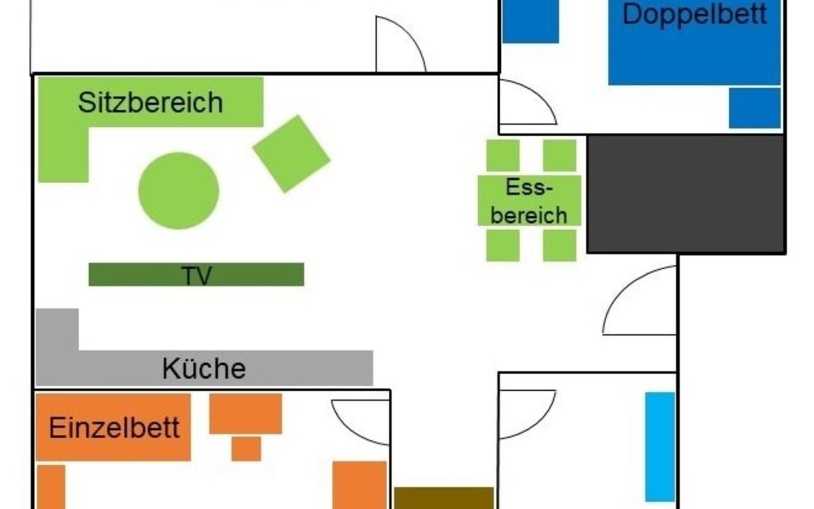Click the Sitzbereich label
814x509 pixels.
pyautogui.click(x=150, y=102)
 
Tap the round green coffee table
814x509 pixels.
pyautogui.click(x=179, y=191)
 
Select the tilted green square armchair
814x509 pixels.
pyautogui.click(x=292, y=154)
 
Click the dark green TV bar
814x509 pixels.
pyautogui.click(x=196, y=274)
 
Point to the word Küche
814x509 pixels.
pyautogui.click(x=204, y=369)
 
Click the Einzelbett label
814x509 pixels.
pyautogui.click(x=114, y=428)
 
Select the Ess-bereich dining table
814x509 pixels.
pyautogui.click(x=529, y=201)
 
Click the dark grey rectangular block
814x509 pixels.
pyautogui.click(x=686, y=194)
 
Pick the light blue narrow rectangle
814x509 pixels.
pyautogui.click(x=660, y=447)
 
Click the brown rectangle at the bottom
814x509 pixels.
pyautogui.click(x=444, y=498)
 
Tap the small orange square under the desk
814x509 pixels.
pyautogui.click(x=246, y=449)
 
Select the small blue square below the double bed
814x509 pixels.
pyautogui.click(x=755, y=108)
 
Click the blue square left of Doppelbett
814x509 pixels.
pyautogui.click(x=531, y=21)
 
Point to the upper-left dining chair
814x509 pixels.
pyautogui.click(x=503, y=155)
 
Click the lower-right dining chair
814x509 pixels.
pyautogui.click(x=560, y=245)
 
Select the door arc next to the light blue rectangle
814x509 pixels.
pyautogui.click(x=527, y=415)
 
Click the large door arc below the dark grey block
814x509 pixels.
pyautogui.click(x=639, y=300)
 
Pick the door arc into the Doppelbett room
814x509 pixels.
pyautogui.click(x=529, y=102)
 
